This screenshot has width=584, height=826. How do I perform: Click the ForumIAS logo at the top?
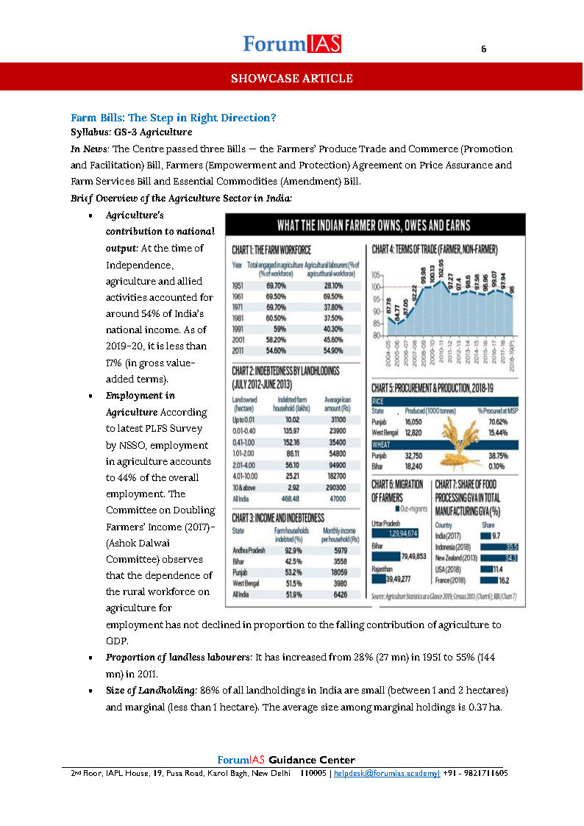click(292, 44)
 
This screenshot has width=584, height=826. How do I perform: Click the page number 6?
click(483, 49)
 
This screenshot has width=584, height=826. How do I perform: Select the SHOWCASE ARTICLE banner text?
click(292, 78)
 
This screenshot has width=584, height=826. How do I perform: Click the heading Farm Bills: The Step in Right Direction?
click(173, 118)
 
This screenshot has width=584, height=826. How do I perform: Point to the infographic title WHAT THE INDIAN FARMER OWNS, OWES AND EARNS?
click(374, 225)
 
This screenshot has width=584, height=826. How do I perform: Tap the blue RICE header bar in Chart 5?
click(447, 400)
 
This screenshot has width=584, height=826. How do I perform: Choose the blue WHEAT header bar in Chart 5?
click(447, 444)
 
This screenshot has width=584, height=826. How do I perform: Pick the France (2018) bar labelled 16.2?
click(490, 580)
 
